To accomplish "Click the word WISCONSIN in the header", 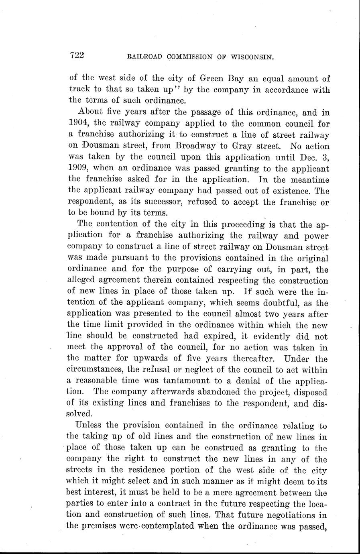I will click(252, 57).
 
